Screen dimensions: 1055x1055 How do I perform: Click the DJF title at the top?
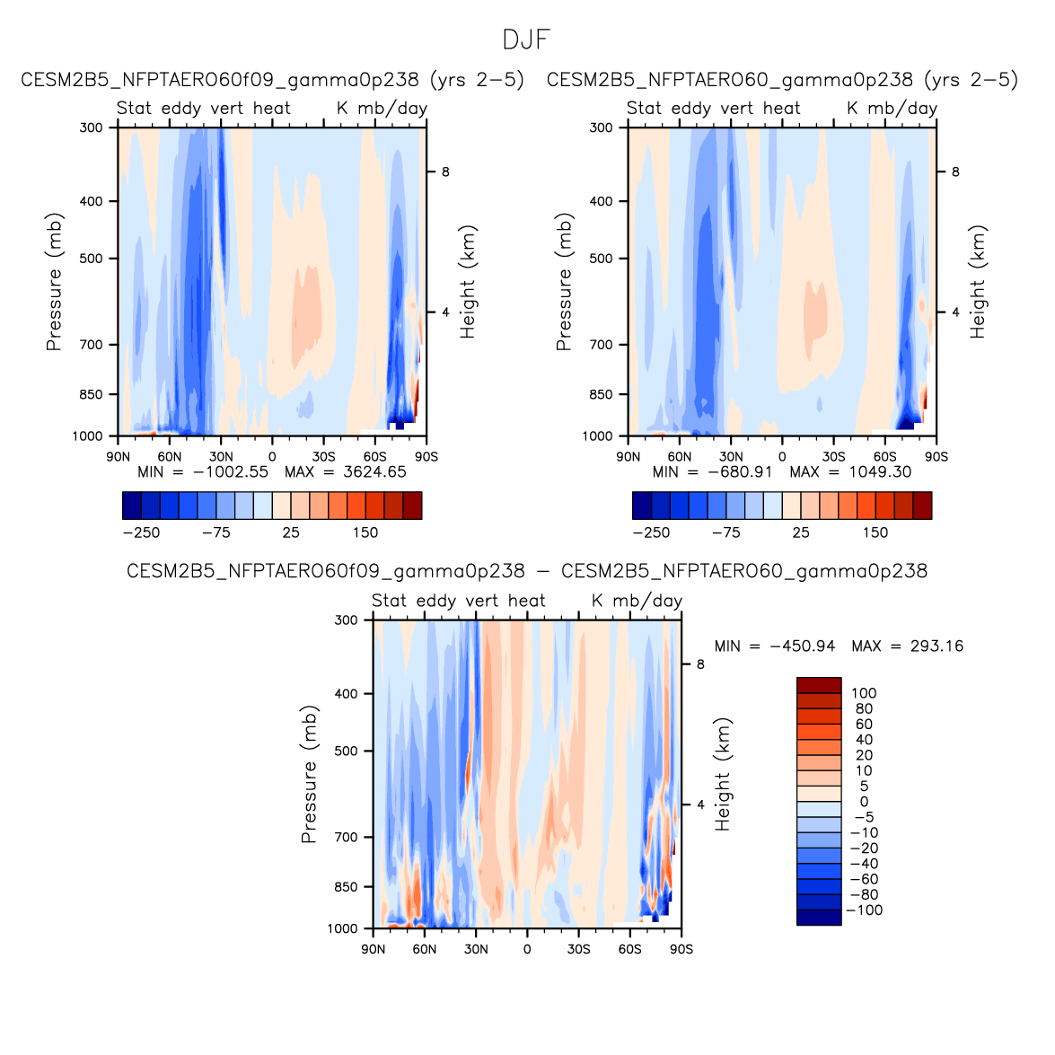pos(526,40)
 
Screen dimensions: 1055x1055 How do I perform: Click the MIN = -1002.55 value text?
pos(203,471)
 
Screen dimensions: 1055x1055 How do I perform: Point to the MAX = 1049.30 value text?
pos(850,471)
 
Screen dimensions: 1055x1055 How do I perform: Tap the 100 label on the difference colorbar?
pos(864,693)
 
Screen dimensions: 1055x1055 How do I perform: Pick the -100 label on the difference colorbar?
pos(864,910)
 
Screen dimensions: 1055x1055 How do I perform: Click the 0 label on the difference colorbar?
pos(864,802)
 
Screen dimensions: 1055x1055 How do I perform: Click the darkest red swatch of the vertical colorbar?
pos(819,685)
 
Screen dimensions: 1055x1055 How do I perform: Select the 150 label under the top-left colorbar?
pos(365,532)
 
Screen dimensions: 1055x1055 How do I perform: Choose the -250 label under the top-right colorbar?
pos(651,532)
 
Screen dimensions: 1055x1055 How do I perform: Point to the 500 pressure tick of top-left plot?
pos(92,259)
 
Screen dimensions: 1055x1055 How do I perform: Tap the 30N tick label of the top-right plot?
pos(731,457)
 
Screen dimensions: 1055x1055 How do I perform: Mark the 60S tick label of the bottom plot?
pos(629,949)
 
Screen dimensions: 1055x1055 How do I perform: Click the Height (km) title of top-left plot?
pos(468,281)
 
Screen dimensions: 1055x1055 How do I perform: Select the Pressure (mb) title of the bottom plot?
pos(309,774)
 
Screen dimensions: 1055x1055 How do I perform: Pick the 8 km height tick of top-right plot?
pos(955,172)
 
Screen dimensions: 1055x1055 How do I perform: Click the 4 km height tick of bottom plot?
pos(700,804)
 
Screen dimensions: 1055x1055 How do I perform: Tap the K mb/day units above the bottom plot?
pos(637,601)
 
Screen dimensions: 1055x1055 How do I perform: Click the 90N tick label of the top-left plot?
pos(119,457)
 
